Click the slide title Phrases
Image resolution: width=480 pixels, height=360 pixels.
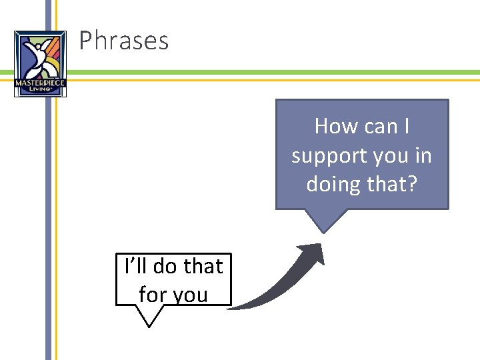point(124,41)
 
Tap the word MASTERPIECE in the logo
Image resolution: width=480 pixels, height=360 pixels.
point(40,82)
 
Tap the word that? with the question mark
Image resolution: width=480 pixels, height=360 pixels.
point(391,183)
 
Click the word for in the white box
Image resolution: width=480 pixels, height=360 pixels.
point(152,294)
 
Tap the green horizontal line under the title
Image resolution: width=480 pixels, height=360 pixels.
point(267,72)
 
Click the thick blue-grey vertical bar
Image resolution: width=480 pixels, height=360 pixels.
point(48,200)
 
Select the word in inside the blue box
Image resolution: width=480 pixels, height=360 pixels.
point(423,156)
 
